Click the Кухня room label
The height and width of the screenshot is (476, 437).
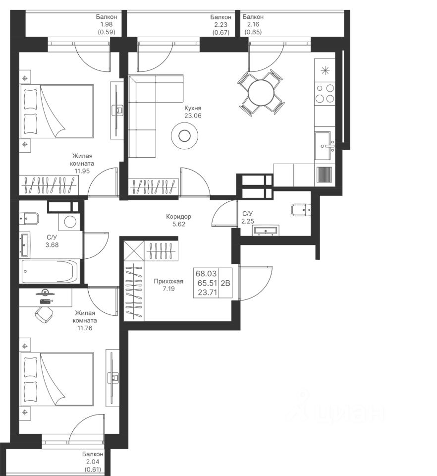click(x=193, y=108)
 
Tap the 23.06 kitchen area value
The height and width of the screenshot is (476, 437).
click(x=193, y=116)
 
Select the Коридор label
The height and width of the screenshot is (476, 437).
click(x=179, y=217)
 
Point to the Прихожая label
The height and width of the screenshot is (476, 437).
click(x=168, y=282)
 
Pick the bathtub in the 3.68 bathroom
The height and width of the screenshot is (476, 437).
click(x=50, y=271)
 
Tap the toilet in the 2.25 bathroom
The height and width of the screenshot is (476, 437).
click(x=301, y=210)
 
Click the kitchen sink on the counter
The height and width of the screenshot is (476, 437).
click(x=324, y=146)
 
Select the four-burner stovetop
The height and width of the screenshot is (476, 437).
click(x=325, y=93)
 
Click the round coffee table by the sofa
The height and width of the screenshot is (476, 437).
click(x=184, y=136)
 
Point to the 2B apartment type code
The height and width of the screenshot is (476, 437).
click(x=225, y=283)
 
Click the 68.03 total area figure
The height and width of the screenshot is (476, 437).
click(x=206, y=274)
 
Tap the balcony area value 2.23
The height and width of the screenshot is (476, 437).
click(x=221, y=25)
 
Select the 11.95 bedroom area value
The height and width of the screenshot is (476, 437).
click(x=82, y=171)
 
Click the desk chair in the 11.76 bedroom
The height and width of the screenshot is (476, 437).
click(x=43, y=314)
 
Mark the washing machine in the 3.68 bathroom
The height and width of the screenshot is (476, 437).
click(x=70, y=222)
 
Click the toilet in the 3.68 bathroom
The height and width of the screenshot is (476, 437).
click(x=29, y=218)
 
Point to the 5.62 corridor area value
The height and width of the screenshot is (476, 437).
click(x=179, y=224)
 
